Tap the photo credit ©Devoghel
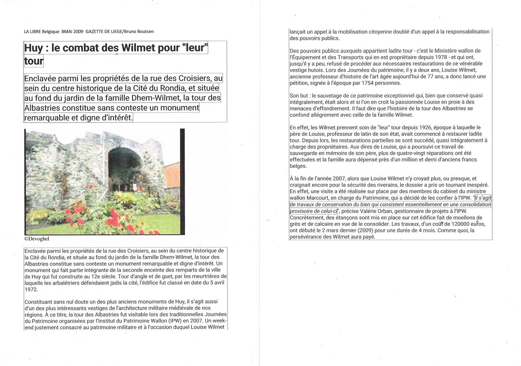point(37,239)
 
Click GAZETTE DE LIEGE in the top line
point(103,31)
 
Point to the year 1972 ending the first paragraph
point(31,289)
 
